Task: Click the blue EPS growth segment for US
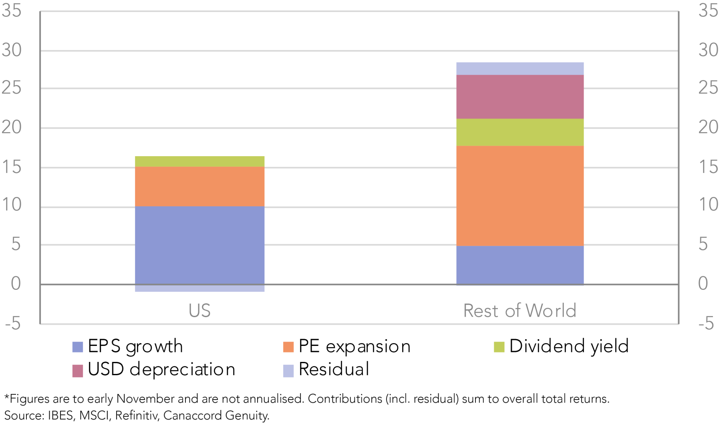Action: pyautogui.click(x=199, y=245)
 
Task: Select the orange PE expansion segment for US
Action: pyautogui.click(x=199, y=187)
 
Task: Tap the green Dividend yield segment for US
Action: pyautogui.click(x=199, y=161)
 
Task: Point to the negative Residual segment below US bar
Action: pyautogui.click(x=199, y=288)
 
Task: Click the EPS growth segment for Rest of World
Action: pyautogui.click(x=520, y=265)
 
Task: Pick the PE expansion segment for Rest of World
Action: pyautogui.click(x=520, y=196)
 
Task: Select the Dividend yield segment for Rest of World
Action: pyautogui.click(x=520, y=132)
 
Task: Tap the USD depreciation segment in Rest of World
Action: pyautogui.click(x=520, y=97)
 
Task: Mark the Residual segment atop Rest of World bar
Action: pyautogui.click(x=520, y=68)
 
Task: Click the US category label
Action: pyautogui.click(x=199, y=311)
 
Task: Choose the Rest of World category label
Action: pyautogui.click(x=520, y=311)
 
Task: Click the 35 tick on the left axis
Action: pyautogui.click(x=11, y=11)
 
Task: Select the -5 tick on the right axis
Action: pyautogui.click(x=706, y=323)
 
